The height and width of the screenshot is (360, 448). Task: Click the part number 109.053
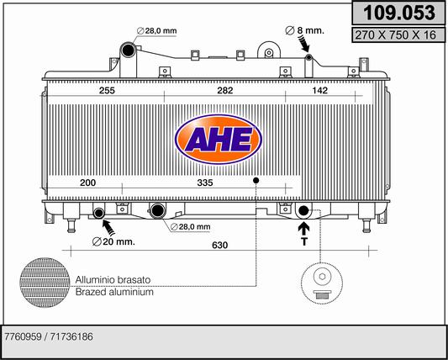[398, 13]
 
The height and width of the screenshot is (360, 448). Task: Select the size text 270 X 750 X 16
[395, 34]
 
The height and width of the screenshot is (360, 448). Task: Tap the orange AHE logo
[219, 140]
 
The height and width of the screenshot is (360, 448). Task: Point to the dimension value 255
[107, 91]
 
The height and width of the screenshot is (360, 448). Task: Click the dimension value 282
[225, 91]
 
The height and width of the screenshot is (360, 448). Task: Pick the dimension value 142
[319, 91]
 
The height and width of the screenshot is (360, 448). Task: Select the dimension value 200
[87, 183]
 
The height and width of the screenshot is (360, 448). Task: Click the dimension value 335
[205, 183]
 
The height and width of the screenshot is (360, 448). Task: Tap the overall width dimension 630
[220, 246]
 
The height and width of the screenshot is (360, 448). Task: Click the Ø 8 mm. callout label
[305, 30]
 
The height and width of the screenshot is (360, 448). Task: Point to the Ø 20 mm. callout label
[113, 242]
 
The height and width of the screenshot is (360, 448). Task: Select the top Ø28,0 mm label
[156, 30]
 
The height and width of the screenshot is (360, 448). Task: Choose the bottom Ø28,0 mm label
[190, 227]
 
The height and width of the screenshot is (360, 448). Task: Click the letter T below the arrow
[304, 242]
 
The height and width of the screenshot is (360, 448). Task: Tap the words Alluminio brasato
[113, 279]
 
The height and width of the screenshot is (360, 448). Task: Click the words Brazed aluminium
[114, 292]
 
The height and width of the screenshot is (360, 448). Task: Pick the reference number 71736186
[71, 336]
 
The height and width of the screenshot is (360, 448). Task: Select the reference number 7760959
[22, 336]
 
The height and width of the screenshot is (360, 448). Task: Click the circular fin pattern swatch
[45, 283]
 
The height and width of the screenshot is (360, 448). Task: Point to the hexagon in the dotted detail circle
[322, 277]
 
